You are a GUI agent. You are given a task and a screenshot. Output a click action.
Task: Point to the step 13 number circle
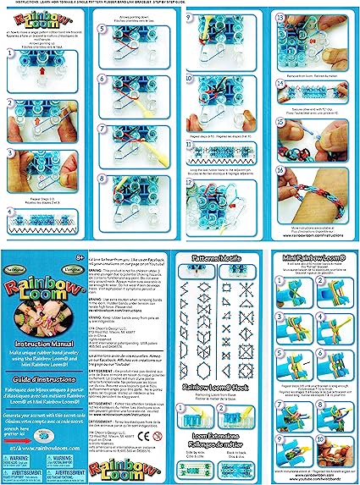pyautogui.click(x=280, y=17)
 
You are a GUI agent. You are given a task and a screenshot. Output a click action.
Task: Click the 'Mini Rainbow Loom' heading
pyautogui.click(x=312, y=255)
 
